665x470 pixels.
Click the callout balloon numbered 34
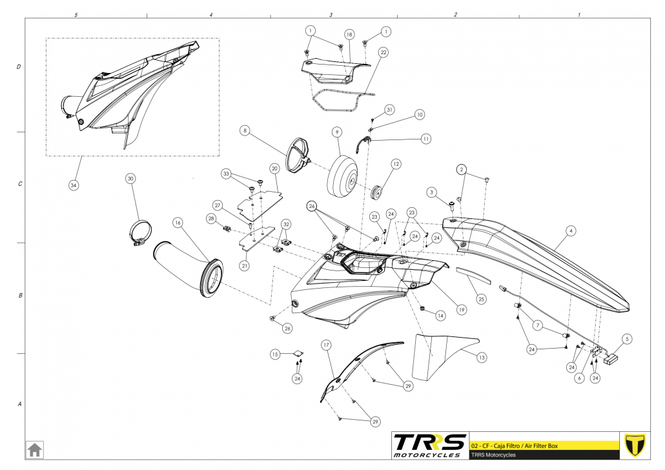(73, 184)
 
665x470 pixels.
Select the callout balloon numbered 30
(130, 178)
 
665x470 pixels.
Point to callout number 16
(178, 222)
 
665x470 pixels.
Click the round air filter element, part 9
(343, 176)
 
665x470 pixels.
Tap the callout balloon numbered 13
(482, 356)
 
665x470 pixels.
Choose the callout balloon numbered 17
(327, 345)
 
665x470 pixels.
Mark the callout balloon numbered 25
(481, 299)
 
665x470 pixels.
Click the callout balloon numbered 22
(383, 53)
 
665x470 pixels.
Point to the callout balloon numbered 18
(349, 34)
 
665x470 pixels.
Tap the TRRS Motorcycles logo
(429, 445)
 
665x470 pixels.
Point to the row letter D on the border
(19, 67)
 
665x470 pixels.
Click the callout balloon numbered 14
(440, 316)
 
